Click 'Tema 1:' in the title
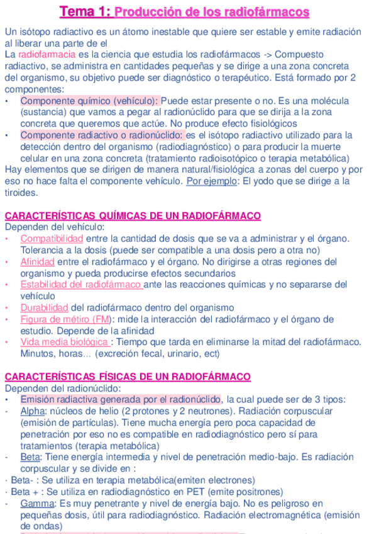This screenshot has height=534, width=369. [85, 12]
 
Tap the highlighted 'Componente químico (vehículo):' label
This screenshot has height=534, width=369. [90, 101]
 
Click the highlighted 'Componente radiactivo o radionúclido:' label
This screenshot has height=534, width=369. [102, 135]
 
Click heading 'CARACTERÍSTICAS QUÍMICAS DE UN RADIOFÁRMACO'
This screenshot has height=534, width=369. [133, 216]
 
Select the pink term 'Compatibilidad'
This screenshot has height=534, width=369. [52, 239]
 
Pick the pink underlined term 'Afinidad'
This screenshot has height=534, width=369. [37, 262]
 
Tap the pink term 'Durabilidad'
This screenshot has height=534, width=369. [44, 307]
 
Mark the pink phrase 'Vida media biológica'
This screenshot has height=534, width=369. [64, 342]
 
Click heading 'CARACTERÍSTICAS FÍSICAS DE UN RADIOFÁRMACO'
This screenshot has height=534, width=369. [128, 377]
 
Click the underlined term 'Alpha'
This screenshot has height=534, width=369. [33, 411]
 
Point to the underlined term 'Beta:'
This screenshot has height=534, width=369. [31, 457]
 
